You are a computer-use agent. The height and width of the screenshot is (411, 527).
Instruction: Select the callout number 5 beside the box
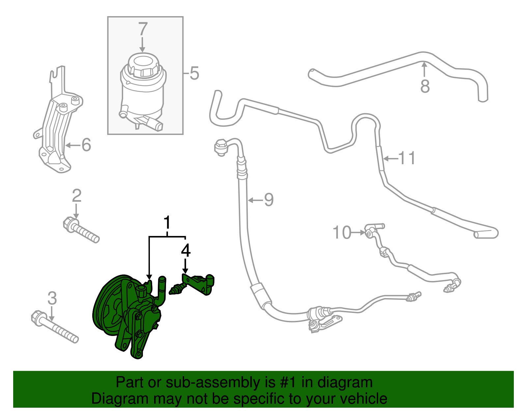click(x=194, y=73)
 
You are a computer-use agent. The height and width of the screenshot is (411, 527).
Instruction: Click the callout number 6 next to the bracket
click(x=86, y=145)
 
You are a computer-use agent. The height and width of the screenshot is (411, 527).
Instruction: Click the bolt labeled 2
click(x=81, y=229)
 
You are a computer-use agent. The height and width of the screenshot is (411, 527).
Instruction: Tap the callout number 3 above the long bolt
click(x=52, y=298)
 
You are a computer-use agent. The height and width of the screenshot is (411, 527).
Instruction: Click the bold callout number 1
click(x=168, y=223)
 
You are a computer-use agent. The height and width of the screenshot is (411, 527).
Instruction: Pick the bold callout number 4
click(x=185, y=250)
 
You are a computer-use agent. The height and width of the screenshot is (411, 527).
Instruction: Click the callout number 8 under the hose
click(x=425, y=86)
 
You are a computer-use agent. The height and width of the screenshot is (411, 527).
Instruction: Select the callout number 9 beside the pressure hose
click(x=269, y=200)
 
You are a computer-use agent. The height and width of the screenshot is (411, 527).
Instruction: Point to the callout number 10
click(x=342, y=233)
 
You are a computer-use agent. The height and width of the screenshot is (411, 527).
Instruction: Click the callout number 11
click(x=407, y=158)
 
